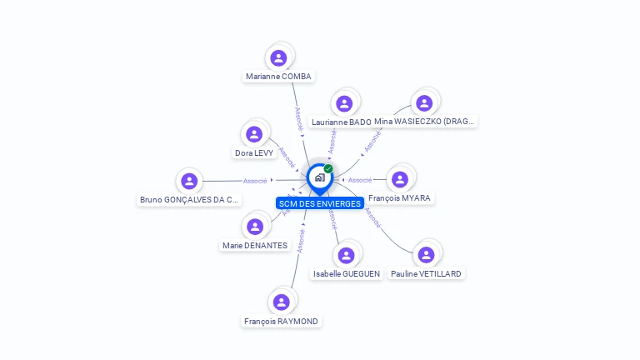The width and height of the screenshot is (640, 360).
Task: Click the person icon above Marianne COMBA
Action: [x=278, y=58]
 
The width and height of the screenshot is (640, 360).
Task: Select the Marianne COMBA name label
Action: [x=278, y=77]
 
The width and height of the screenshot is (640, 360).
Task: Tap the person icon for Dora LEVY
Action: [x=254, y=134]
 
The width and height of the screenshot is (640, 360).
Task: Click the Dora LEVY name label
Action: [x=254, y=153]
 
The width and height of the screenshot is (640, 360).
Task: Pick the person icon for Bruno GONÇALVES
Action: [x=189, y=181]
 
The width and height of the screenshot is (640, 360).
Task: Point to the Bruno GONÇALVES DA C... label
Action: [x=189, y=200]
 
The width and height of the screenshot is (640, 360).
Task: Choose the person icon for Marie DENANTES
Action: [x=255, y=227]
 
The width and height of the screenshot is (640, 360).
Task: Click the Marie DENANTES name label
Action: [x=255, y=246]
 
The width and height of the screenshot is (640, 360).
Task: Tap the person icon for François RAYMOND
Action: [x=281, y=302]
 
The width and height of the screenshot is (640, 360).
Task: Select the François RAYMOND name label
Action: [x=281, y=321]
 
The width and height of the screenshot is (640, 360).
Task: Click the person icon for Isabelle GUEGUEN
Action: [x=346, y=255]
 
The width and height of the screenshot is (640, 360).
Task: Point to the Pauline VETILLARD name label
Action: [x=426, y=273]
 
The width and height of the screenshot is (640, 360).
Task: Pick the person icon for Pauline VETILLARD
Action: [x=426, y=255]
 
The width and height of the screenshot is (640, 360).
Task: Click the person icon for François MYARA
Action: [x=400, y=179]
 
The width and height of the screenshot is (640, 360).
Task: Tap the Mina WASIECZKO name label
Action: [x=424, y=122]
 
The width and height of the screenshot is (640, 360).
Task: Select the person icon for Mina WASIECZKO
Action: [x=424, y=103]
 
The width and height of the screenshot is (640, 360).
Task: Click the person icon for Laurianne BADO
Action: [x=344, y=103]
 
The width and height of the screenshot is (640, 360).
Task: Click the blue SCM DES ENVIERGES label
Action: [x=320, y=203]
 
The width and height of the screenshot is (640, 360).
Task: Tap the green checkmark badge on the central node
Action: [x=328, y=169]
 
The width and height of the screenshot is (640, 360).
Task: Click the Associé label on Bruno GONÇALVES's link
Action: [x=255, y=181]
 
